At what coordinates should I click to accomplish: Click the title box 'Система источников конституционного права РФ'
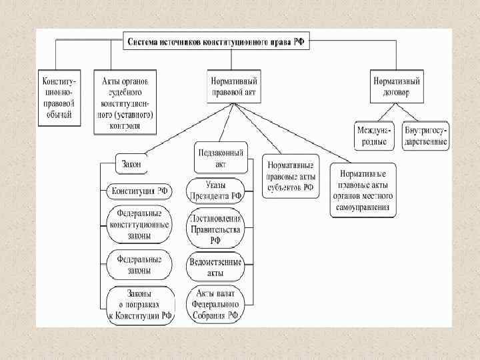215,41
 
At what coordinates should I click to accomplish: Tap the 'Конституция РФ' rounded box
139,191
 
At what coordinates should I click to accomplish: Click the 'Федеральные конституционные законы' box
139,224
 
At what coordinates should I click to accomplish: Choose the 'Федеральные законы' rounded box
139,265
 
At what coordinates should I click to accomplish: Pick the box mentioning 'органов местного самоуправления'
363,191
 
